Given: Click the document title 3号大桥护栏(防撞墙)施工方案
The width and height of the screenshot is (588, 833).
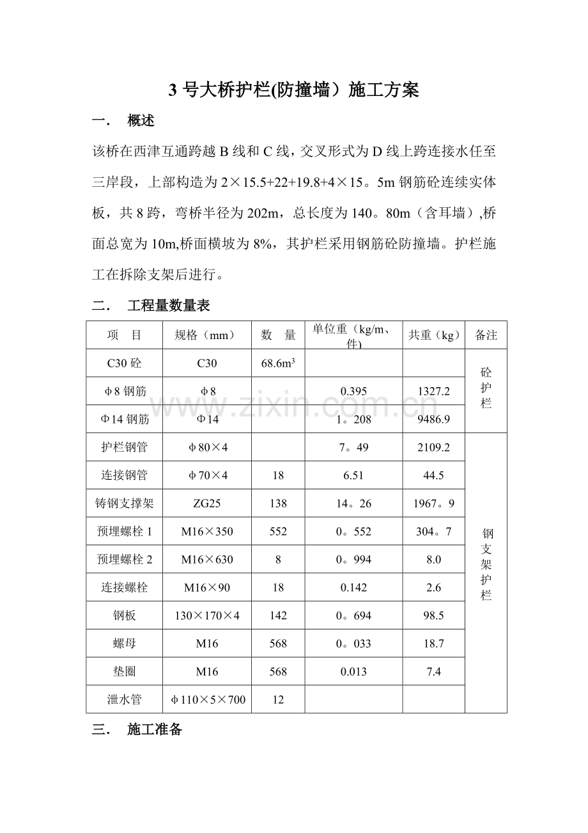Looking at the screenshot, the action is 293,90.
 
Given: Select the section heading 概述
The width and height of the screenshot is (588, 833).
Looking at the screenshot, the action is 141,120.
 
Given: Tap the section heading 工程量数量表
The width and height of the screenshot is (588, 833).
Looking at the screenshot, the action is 169,306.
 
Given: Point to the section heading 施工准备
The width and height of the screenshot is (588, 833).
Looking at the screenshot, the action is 155,729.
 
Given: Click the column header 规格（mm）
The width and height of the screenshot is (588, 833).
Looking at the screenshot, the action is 207,335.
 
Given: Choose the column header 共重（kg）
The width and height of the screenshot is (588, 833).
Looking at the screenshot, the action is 433,335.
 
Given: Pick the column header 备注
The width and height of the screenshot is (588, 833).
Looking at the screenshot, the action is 486,335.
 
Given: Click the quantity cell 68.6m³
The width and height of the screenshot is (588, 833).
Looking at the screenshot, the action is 278,363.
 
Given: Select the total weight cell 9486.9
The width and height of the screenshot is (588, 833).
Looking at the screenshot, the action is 433,419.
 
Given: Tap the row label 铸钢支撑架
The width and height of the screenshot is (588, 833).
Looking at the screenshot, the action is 124,504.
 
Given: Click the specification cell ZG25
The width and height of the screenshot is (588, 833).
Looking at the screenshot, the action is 207,504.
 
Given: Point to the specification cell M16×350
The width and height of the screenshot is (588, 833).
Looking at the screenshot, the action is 207,532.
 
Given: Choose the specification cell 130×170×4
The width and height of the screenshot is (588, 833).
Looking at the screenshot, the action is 207,615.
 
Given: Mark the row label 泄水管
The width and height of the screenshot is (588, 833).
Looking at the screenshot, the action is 124,699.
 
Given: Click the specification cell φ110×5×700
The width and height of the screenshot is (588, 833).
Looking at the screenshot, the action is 207,699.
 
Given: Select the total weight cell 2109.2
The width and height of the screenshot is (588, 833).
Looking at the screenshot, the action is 433,447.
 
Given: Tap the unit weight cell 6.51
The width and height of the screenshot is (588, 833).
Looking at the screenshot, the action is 353,475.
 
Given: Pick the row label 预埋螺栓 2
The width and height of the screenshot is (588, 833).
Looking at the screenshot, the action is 124,560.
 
